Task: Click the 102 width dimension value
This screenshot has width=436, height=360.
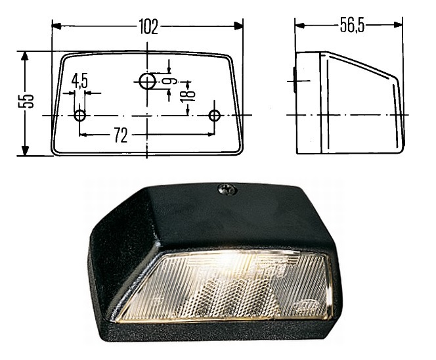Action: [148, 26]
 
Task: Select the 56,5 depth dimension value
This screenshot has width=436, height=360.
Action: [353, 26]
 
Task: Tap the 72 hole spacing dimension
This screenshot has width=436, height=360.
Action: [120, 136]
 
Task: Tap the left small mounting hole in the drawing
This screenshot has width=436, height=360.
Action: [80, 116]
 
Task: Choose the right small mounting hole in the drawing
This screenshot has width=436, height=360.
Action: [214, 116]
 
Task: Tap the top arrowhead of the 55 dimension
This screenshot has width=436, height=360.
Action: [26, 56]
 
